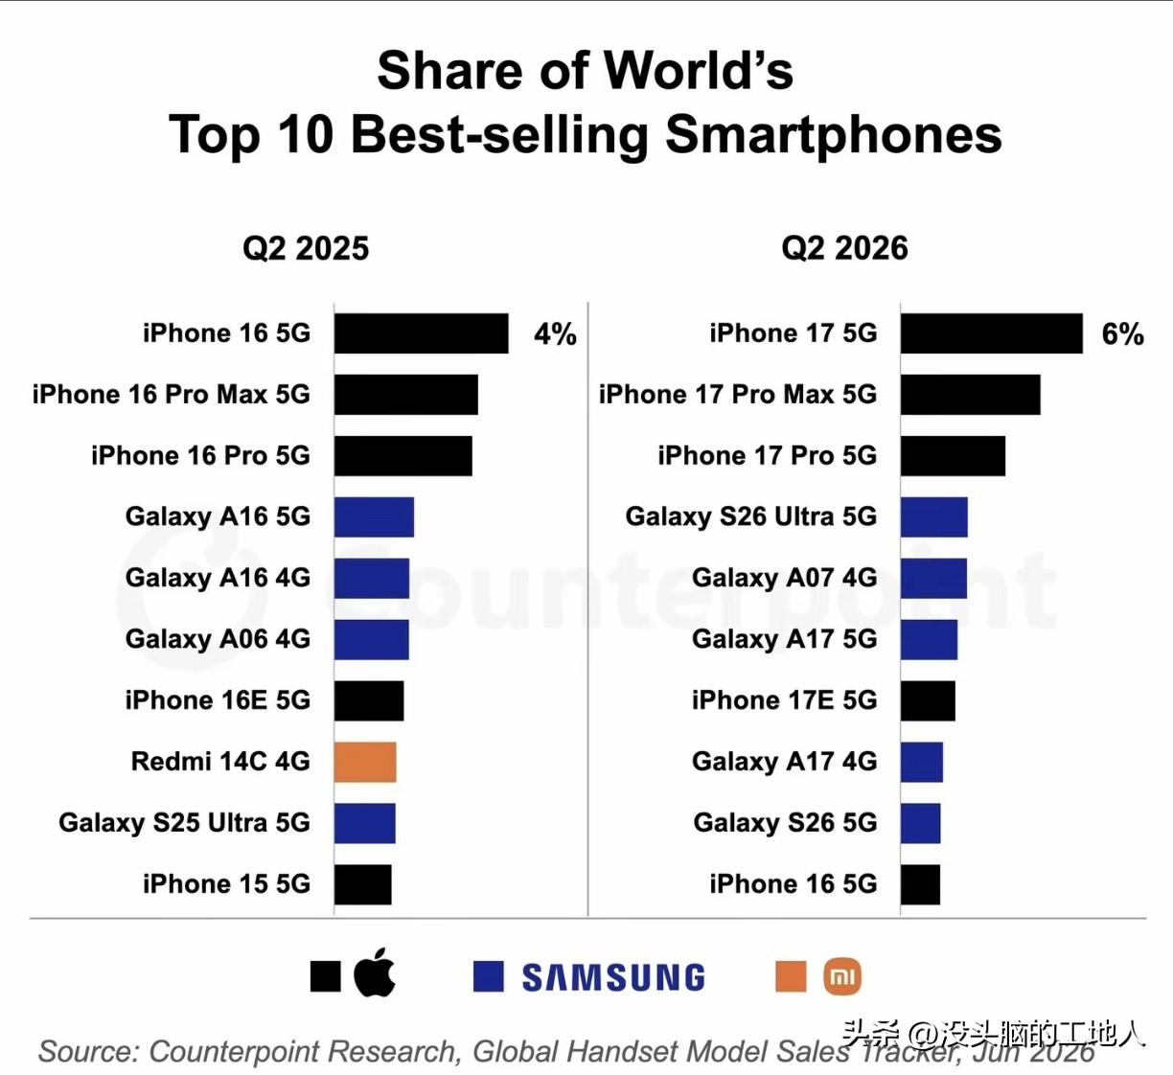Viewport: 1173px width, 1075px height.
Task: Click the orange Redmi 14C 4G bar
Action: [x=365, y=762]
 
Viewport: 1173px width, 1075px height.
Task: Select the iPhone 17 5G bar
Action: [x=991, y=333]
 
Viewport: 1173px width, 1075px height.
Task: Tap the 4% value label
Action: [x=555, y=334]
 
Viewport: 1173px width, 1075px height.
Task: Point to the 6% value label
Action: [x=1123, y=334]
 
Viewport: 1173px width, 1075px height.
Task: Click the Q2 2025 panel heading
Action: [x=306, y=248]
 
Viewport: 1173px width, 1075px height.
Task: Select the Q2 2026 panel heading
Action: [x=844, y=248]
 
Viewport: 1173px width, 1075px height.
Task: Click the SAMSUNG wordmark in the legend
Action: [x=613, y=978]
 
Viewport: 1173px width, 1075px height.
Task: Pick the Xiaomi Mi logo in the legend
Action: [x=842, y=976]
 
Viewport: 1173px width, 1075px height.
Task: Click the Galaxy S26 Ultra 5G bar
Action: [x=933, y=517]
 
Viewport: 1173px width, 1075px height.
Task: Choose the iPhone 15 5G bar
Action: [x=362, y=884]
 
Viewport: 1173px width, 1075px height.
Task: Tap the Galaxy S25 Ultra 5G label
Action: [x=184, y=823]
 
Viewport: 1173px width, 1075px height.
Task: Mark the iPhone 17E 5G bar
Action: [x=928, y=700]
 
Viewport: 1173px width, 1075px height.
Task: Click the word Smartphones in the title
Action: [x=834, y=135]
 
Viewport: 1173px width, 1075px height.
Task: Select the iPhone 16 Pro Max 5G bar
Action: [x=405, y=395]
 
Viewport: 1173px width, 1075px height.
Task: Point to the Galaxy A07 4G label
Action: [x=784, y=578]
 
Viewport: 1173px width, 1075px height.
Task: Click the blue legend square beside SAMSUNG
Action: [x=488, y=976]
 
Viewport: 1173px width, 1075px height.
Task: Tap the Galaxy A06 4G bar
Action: [x=371, y=640]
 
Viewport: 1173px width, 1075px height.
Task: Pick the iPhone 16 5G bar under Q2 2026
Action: [x=920, y=884]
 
